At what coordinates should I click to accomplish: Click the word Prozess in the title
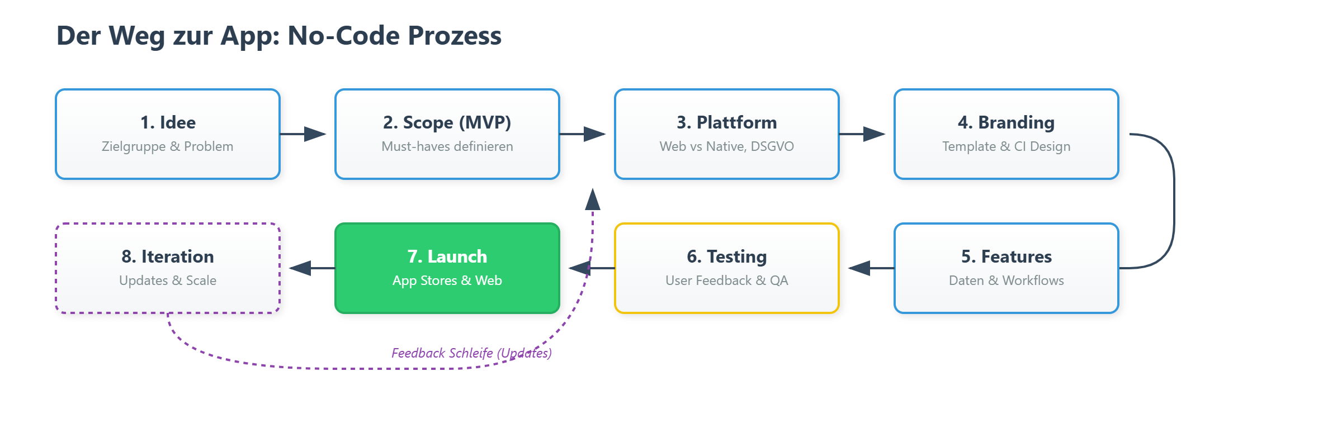[x=454, y=36]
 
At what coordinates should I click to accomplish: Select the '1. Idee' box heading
[x=168, y=122]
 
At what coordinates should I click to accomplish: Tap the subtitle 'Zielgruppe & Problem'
[x=168, y=146]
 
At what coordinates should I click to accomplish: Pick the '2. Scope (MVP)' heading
[x=447, y=122]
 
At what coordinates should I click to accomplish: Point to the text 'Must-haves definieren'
[x=447, y=146]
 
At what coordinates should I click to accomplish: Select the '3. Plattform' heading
[x=727, y=122]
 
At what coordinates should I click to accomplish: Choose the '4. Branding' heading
[x=1007, y=122]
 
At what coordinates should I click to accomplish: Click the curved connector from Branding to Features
[x=1174, y=201]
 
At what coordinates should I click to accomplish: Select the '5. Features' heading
[x=1007, y=256]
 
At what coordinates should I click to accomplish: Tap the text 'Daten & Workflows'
[x=1007, y=280]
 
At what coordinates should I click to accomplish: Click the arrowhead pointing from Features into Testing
[x=859, y=268]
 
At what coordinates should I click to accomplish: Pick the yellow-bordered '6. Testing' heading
[x=727, y=256]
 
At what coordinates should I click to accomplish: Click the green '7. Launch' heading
[x=447, y=256]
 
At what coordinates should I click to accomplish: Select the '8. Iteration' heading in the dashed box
[x=168, y=256]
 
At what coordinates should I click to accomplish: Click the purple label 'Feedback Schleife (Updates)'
[x=471, y=353]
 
